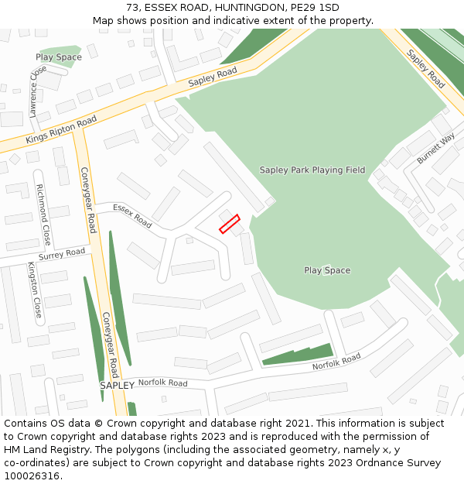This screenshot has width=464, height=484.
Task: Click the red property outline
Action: coord(229,224)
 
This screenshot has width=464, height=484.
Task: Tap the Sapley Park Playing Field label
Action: coord(312,170)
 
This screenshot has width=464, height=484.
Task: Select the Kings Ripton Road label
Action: coord(61,130)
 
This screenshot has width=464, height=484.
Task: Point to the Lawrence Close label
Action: coord(34,91)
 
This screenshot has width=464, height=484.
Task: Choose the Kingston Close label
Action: coord(34,290)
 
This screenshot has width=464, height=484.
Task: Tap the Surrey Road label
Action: coord(62,254)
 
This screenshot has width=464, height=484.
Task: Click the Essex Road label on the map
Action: coord(132,215)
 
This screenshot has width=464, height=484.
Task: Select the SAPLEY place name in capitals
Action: coord(117,385)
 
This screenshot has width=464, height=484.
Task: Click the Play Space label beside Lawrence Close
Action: coord(59,57)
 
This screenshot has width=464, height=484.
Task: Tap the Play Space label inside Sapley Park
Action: coord(327,270)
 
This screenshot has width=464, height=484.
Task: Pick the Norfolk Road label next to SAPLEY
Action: coord(162,383)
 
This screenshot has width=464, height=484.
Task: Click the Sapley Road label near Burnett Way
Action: coord(425,70)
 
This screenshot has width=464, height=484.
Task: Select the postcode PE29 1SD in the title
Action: coord(318,8)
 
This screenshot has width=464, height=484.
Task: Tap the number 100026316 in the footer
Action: coord(32,475)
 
